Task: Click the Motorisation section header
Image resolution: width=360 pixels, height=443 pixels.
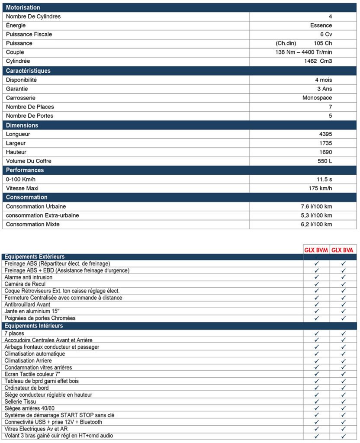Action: [x=23, y=8]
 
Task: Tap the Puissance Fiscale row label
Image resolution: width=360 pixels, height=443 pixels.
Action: [x=29, y=34]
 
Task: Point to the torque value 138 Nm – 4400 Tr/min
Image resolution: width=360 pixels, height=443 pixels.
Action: [x=301, y=52]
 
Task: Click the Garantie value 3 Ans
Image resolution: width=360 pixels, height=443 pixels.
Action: [x=324, y=89]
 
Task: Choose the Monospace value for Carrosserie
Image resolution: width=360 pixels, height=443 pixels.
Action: [x=317, y=98]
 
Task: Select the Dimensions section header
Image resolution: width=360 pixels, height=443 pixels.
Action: [x=22, y=125]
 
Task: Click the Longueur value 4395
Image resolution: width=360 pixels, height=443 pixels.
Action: [x=325, y=134]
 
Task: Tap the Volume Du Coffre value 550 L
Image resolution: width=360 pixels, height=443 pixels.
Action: [x=325, y=161]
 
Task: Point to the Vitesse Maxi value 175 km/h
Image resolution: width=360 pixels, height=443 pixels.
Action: [x=320, y=188]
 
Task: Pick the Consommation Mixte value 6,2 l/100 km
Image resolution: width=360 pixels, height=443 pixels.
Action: [x=313, y=225]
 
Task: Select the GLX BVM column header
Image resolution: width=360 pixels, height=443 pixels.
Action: [x=316, y=250]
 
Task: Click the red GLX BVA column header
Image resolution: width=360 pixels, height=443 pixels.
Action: [x=343, y=250]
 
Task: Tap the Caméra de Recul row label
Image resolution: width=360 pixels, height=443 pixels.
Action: [x=26, y=284]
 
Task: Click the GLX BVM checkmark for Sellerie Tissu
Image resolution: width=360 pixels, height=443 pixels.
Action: [x=317, y=401]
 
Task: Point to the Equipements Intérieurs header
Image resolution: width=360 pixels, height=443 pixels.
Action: [x=34, y=326]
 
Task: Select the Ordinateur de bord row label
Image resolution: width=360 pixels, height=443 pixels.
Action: [x=26, y=388]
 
